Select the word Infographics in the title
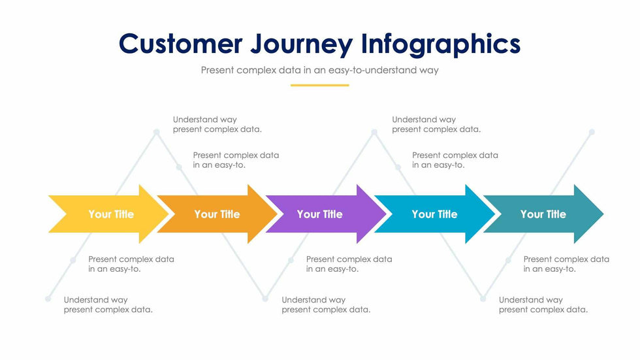[441, 44]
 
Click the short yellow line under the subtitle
[319, 85]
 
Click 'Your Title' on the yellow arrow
[111, 214]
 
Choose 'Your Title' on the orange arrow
[217, 214]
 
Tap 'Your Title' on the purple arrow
[319, 214]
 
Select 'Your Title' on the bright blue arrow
[434, 214]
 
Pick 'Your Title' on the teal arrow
[543, 214]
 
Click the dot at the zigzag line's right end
[592, 132]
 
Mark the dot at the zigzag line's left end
[48, 299]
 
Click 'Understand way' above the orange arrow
[205, 120]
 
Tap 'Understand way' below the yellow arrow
[95, 300]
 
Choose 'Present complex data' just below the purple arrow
[349, 259]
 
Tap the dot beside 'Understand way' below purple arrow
[265, 299]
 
